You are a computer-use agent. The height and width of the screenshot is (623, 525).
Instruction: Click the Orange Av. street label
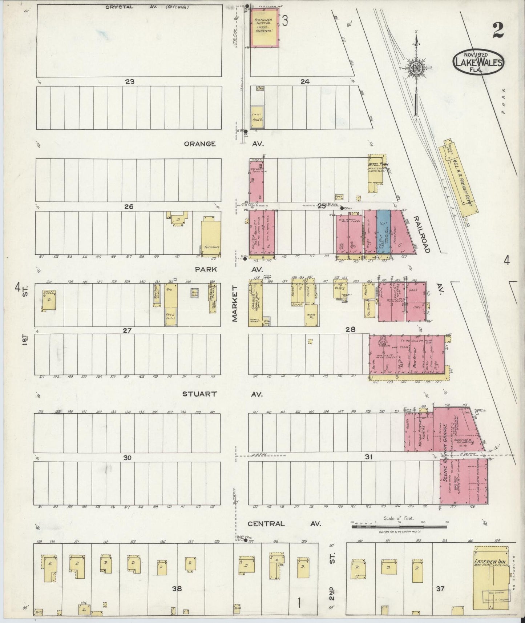pos(200,144)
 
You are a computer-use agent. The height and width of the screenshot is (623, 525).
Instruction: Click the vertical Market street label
pos(234,304)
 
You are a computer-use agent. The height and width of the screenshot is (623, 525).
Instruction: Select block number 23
pos(129,82)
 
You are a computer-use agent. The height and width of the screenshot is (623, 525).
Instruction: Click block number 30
pos(127,458)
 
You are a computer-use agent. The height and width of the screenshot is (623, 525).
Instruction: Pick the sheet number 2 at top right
pos(498,31)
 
